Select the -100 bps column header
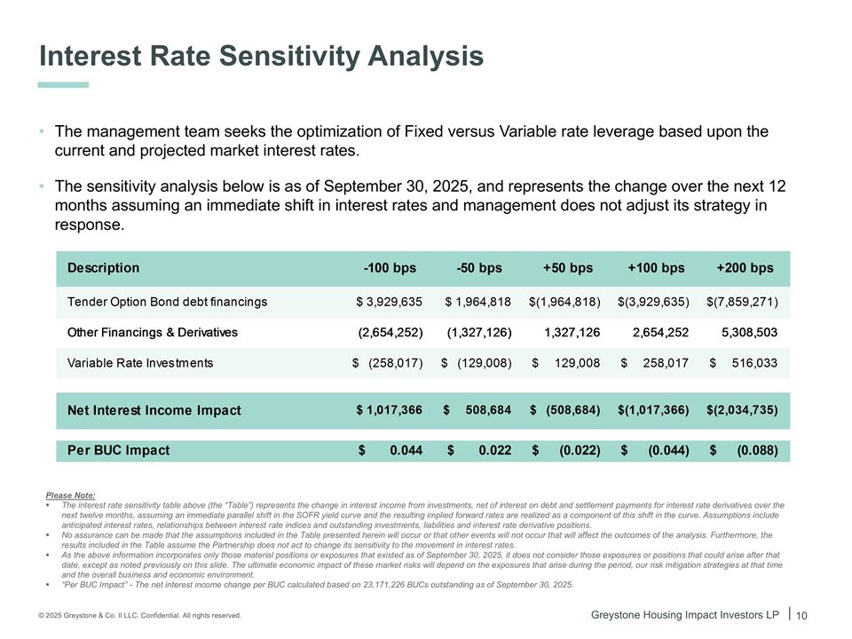(x=390, y=268)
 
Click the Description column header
(x=103, y=268)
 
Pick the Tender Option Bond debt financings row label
(x=167, y=302)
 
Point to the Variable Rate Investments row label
(x=140, y=363)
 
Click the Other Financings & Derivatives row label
(x=153, y=333)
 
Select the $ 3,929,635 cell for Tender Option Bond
(x=389, y=302)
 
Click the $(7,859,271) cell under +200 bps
(x=742, y=302)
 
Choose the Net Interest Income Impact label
(x=154, y=411)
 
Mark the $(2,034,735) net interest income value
(x=742, y=410)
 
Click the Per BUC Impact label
(x=118, y=450)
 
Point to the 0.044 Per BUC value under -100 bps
(x=406, y=450)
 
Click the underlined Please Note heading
(x=70, y=494)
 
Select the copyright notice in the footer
(x=139, y=615)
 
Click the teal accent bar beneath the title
(x=63, y=84)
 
